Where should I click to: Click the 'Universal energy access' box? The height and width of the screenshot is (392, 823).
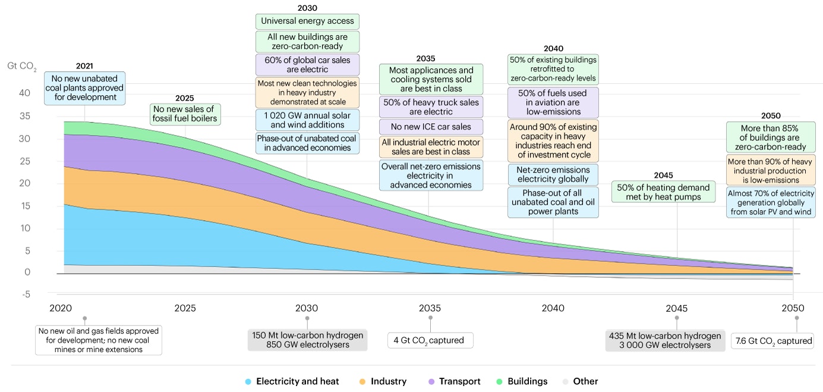[x=307, y=21]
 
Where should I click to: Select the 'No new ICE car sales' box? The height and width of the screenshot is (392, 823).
[x=431, y=127]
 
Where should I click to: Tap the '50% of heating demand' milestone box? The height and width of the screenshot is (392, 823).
[x=663, y=192]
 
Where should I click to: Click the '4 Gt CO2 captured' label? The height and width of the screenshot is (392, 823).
[x=430, y=341]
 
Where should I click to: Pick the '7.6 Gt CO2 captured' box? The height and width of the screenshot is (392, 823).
[x=771, y=341]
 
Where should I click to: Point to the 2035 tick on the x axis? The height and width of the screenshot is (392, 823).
[x=430, y=308]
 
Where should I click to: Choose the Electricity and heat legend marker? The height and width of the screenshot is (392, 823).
[x=249, y=381]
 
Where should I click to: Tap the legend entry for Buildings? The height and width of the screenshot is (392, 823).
[x=522, y=381]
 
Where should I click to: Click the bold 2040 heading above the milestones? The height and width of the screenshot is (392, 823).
[x=553, y=48]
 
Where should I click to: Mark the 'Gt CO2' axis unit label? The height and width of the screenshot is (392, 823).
[x=21, y=66]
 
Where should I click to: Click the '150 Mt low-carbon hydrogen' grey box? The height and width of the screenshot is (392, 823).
[x=307, y=340]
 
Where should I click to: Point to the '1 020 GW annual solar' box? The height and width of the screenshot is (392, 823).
[x=307, y=120]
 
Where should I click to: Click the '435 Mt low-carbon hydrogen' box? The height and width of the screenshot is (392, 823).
[x=665, y=340]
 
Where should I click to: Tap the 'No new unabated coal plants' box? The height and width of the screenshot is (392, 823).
[x=84, y=88]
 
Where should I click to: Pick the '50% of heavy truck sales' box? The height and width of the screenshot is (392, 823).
[x=431, y=106]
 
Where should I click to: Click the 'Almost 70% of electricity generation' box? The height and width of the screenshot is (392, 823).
[x=770, y=202]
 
